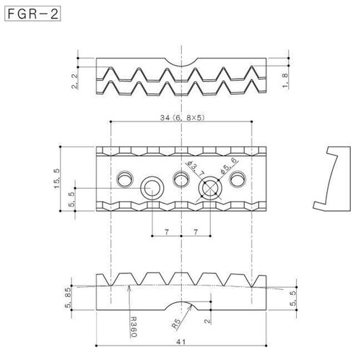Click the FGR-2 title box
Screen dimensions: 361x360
[x=32, y=14]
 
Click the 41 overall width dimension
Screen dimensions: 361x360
[x=181, y=342]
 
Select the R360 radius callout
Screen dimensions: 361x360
[x=133, y=327]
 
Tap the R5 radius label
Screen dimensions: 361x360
[x=176, y=324]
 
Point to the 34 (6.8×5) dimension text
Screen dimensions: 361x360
[x=182, y=118]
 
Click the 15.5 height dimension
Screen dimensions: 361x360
[x=56, y=179]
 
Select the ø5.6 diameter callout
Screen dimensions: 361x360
[x=228, y=166]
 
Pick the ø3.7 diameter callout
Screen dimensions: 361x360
[x=196, y=168]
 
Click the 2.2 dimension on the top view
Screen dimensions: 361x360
[x=75, y=82]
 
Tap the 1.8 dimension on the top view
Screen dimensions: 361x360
[x=285, y=81]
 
